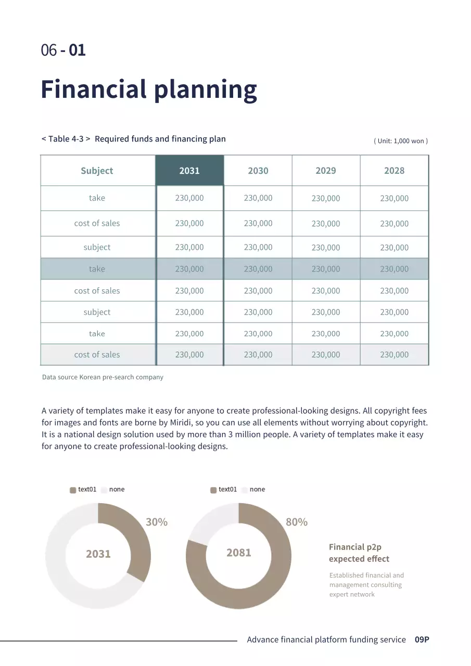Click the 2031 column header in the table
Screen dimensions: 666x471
(189, 171)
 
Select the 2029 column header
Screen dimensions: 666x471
(326, 171)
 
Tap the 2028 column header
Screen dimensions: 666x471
(394, 171)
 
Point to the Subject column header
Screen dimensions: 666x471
(97, 171)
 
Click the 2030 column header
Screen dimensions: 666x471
(258, 171)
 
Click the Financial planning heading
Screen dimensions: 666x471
(149, 89)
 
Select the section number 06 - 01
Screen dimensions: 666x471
(63, 50)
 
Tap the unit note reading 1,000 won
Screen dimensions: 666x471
(401, 141)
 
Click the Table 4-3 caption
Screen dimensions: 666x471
(133, 139)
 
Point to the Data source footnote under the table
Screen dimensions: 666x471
(103, 377)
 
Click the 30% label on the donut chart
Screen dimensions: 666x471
(157, 522)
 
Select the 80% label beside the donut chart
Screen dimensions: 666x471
(297, 522)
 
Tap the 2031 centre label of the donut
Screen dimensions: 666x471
(98, 554)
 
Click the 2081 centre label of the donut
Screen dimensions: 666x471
(239, 553)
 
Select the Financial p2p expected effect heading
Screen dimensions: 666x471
(359, 553)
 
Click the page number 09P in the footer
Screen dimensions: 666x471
(422, 640)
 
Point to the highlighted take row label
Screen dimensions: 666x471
(97, 269)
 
